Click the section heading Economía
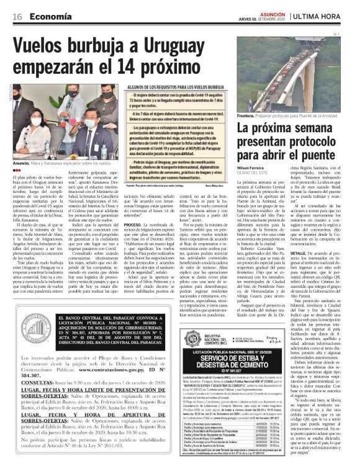point(49,17)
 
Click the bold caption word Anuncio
point(22,164)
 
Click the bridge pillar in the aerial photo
point(292,87)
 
